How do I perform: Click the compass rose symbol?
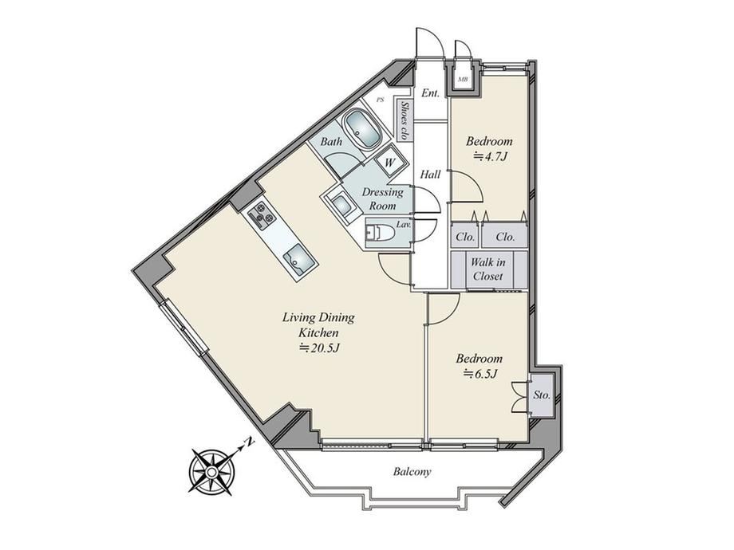[211, 472]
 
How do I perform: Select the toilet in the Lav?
[380, 233]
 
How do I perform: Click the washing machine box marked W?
[390, 163]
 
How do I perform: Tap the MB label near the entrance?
[463, 79]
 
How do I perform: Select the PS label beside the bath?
[381, 100]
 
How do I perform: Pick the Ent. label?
[430, 92]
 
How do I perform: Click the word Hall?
[430, 175]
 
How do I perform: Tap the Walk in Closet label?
[487, 269]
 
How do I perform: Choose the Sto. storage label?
[542, 395]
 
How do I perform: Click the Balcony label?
[412, 471]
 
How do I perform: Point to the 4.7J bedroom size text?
[490, 156]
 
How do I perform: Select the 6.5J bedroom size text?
[479, 374]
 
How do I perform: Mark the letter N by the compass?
[251, 441]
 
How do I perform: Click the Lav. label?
[404, 225]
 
